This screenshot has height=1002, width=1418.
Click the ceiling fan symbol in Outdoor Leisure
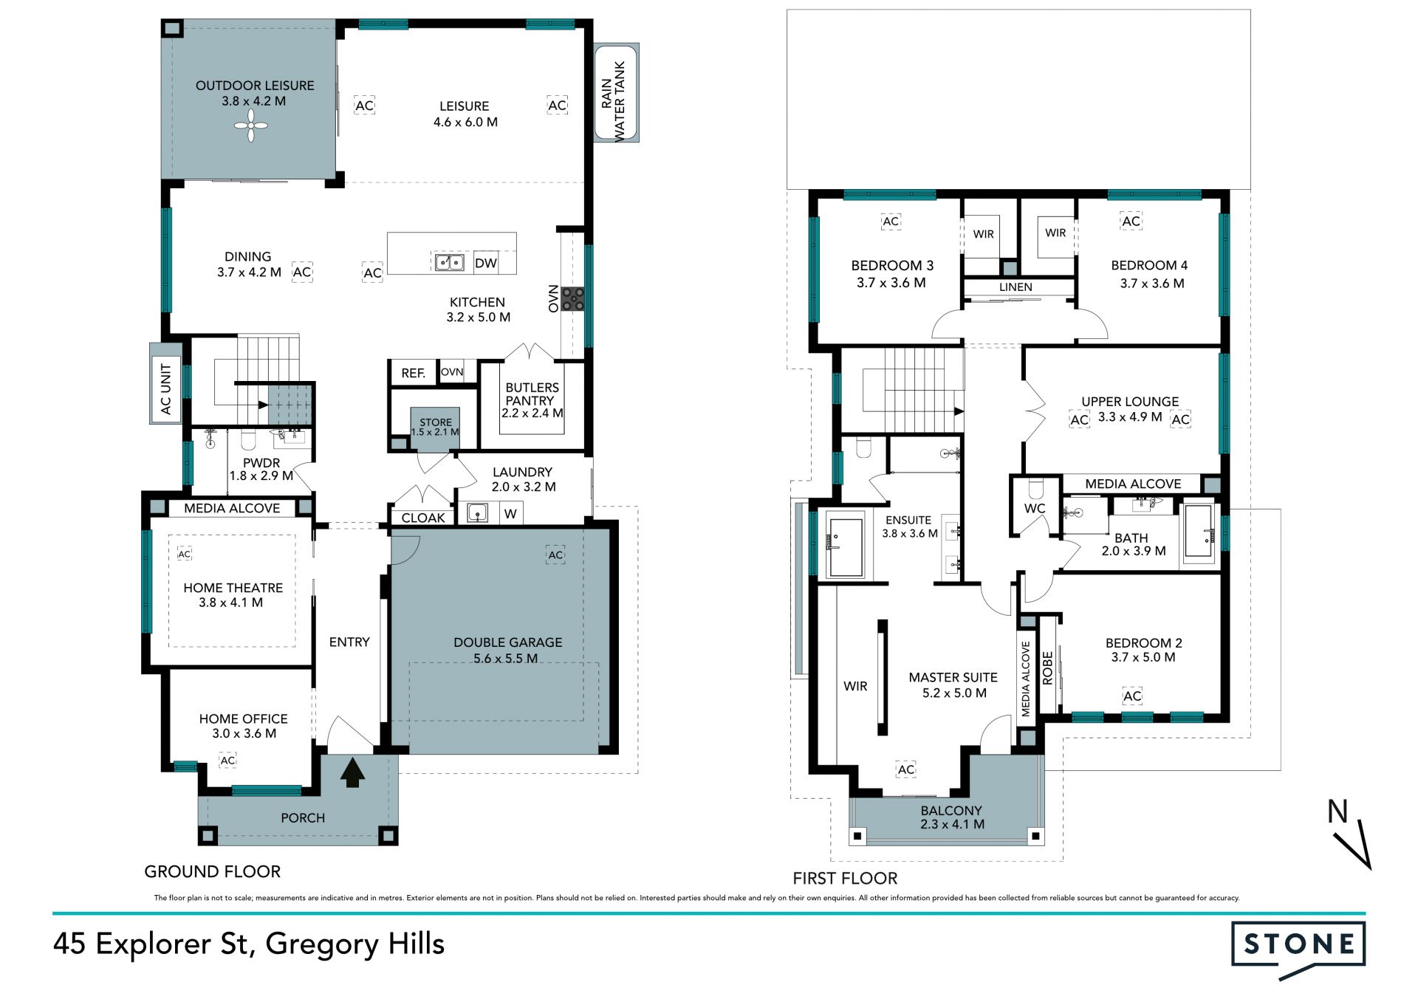click(x=251, y=126)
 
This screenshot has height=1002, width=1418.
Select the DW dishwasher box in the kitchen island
click(x=485, y=263)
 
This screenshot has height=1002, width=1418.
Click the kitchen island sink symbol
click(x=449, y=262)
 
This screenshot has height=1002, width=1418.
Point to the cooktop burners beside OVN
click(x=572, y=298)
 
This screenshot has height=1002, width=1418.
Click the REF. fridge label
click(x=414, y=373)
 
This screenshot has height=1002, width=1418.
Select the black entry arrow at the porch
click(x=352, y=772)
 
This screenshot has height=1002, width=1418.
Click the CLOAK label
click(x=423, y=518)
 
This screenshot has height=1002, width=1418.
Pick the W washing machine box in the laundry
click(x=510, y=513)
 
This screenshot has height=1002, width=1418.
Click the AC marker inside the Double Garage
click(x=555, y=555)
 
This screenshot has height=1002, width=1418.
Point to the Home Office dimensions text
click(x=244, y=733)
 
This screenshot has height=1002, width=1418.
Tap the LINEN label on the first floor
click(x=1015, y=286)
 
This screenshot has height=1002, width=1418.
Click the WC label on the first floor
click(x=1035, y=508)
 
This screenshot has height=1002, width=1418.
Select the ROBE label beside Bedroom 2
click(x=1047, y=668)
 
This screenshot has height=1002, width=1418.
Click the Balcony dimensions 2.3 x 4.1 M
click(x=952, y=824)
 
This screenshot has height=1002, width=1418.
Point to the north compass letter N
click(x=1337, y=811)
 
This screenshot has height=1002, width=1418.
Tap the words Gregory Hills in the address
click(x=354, y=944)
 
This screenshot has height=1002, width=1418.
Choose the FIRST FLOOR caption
click(x=845, y=878)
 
